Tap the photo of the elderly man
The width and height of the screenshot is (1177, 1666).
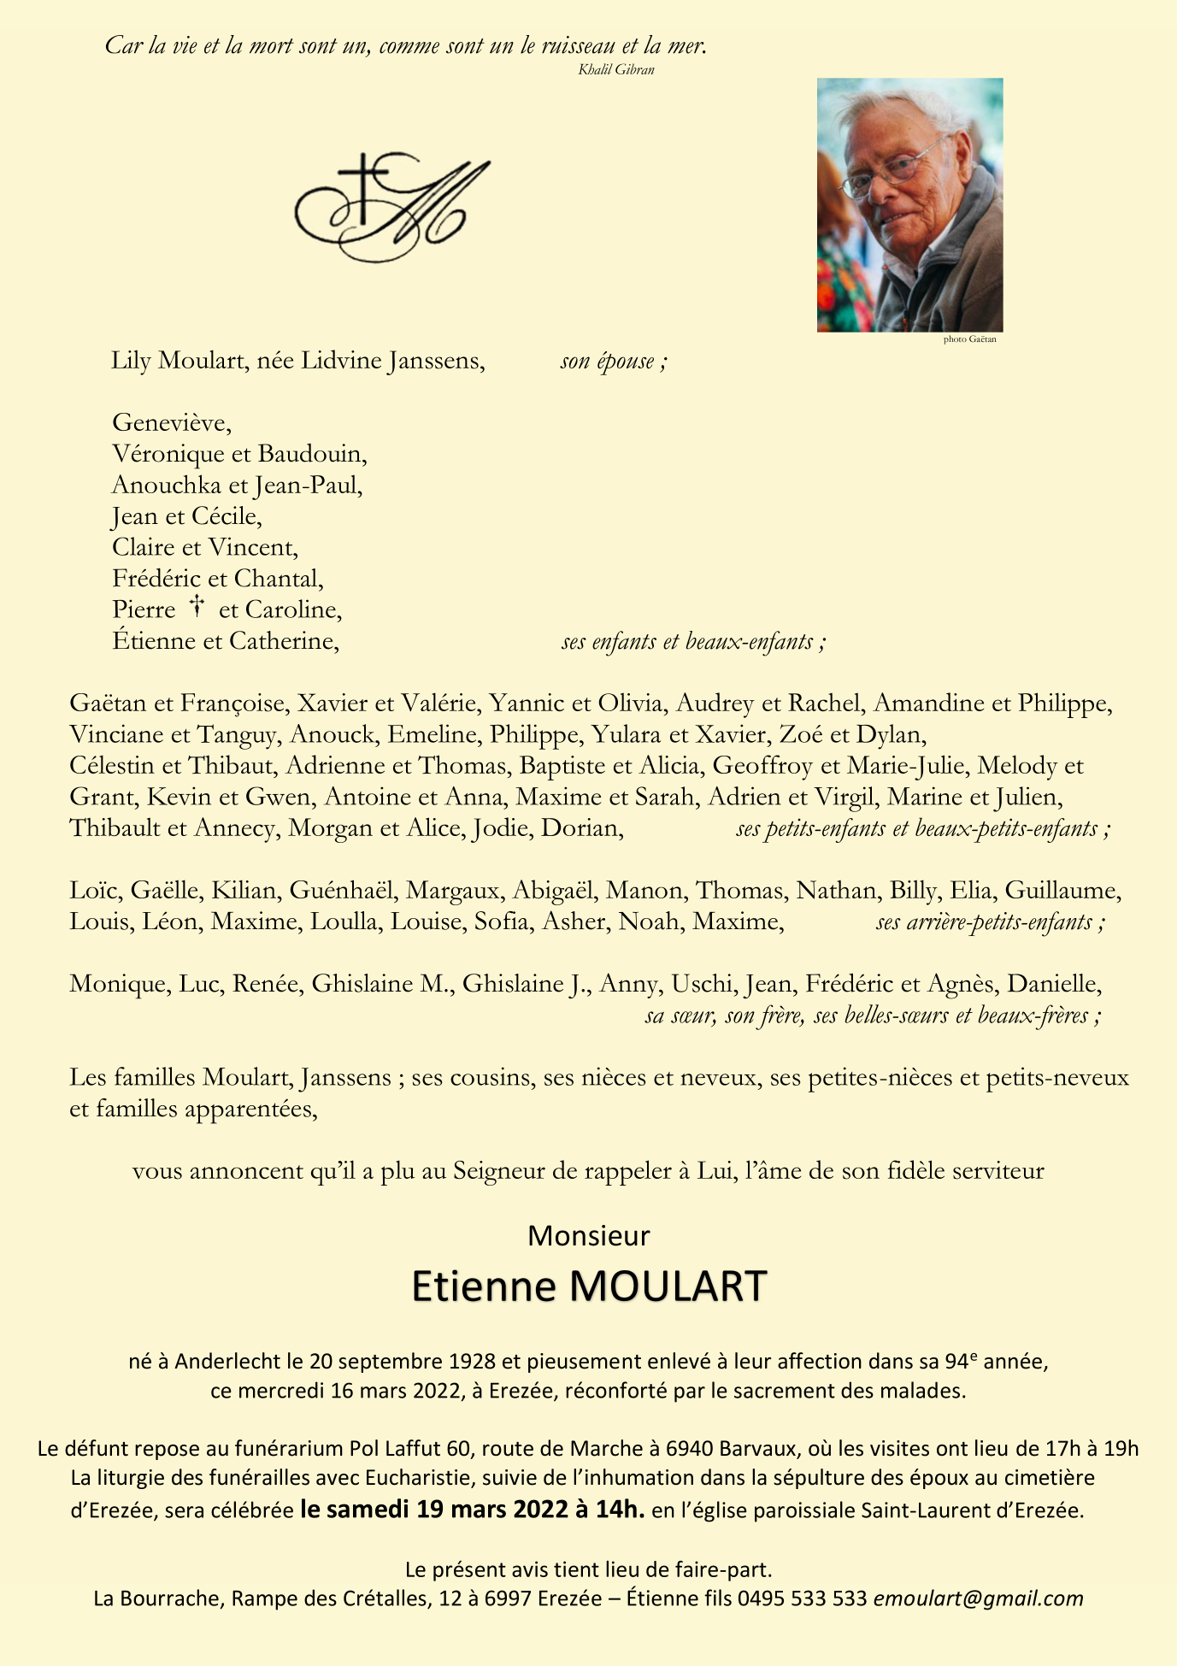[x=909, y=205]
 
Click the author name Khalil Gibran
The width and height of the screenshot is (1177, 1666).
[x=615, y=70]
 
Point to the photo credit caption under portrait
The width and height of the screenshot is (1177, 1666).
[x=969, y=339]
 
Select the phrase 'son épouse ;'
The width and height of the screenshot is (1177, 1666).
[x=613, y=362]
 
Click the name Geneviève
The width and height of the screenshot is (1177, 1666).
[x=172, y=422]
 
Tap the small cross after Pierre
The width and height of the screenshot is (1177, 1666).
[x=197, y=608]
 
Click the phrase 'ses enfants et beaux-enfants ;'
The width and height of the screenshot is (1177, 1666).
[x=693, y=641]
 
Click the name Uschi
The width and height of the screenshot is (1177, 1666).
[x=703, y=984]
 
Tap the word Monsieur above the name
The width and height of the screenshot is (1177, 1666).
[x=588, y=1235]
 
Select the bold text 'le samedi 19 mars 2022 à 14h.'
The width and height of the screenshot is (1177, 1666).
[x=473, y=1510]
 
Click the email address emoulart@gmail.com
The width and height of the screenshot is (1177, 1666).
[x=978, y=1598]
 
